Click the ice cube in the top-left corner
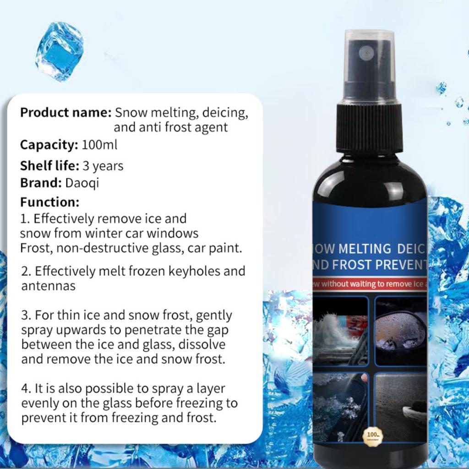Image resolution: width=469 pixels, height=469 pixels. pyautogui.click(x=59, y=51)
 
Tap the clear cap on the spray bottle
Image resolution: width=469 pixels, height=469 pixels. pyautogui.click(x=369, y=64)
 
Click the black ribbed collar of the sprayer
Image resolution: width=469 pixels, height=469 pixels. pyautogui.click(x=370, y=128)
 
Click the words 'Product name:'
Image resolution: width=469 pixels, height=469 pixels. pyautogui.click(x=65, y=112)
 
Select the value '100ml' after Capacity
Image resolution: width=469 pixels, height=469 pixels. pyautogui.click(x=99, y=145)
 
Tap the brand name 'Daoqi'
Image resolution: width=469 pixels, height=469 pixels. pyautogui.click(x=82, y=183)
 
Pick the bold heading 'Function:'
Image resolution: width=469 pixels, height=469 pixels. pyautogui.click(x=49, y=202)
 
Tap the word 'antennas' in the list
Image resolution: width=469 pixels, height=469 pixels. pyautogui.click(x=48, y=286)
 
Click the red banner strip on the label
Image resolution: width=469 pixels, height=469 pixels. pyautogui.click(x=370, y=284)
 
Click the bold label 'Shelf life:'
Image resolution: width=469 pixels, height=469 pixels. pyautogui.click(x=49, y=165)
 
